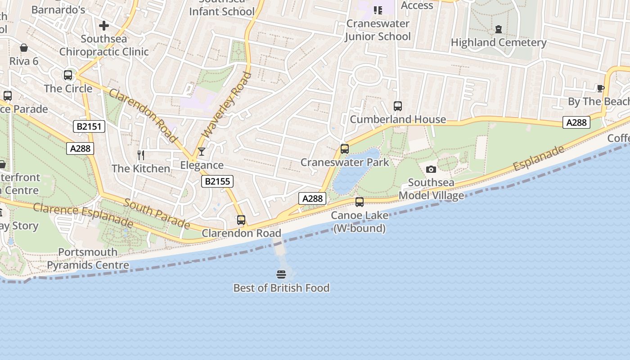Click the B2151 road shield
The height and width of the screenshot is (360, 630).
[x=89, y=126]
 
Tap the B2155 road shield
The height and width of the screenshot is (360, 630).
[x=217, y=181]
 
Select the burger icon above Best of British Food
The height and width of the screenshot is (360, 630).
[x=281, y=274]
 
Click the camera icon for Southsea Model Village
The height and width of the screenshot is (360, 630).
[x=431, y=170]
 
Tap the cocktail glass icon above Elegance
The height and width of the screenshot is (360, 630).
[x=201, y=152]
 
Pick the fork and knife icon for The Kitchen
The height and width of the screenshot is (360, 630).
[x=141, y=155]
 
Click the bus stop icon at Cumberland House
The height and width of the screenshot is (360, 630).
[x=397, y=106]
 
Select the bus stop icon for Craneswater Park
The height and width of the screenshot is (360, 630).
[x=345, y=148]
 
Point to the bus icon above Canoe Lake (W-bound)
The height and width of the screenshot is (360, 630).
[x=359, y=202]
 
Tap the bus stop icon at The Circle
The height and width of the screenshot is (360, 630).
[x=68, y=75]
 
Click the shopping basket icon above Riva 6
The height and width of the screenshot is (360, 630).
[x=23, y=48]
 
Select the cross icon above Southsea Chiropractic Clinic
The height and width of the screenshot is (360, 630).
[x=104, y=26]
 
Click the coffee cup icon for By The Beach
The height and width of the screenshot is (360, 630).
[x=600, y=88]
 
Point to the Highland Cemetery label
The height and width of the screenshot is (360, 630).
[x=498, y=43]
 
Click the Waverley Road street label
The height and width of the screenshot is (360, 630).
[x=226, y=105]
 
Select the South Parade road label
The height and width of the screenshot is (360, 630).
[x=157, y=213]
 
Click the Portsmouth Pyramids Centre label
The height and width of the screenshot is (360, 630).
[x=88, y=259]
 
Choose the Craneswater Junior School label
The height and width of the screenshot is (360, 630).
[x=378, y=30]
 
